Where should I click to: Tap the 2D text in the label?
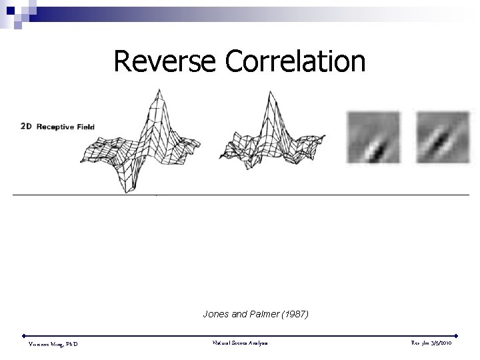27,126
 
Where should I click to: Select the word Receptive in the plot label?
56,126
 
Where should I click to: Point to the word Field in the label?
85,126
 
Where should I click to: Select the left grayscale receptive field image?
373,137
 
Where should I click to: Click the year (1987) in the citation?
295,313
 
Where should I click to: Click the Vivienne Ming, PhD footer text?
53,344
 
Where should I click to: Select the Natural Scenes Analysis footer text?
240,343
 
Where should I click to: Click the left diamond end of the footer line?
24,335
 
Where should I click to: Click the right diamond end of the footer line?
456,335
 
